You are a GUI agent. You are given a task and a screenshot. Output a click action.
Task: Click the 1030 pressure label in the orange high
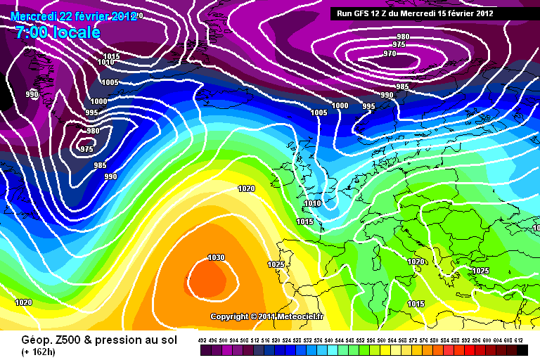click(217, 258)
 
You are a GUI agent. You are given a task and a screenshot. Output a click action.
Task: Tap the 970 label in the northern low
click(390, 53)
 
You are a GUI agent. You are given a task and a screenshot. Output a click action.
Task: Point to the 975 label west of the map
click(86, 149)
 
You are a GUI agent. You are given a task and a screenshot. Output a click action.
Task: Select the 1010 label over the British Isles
click(312, 204)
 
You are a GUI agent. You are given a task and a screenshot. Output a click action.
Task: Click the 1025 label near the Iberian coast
click(276, 264)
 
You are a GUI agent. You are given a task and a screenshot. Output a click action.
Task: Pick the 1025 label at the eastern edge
click(480, 271)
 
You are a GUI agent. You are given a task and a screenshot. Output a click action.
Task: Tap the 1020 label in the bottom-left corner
click(23, 302)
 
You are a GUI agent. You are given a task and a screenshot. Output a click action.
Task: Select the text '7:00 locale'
click(57, 32)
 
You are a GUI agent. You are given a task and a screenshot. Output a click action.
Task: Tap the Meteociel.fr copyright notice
click(267, 316)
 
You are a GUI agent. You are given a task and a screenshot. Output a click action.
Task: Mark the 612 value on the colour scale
click(519, 340)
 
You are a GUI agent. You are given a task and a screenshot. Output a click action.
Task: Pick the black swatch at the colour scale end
click(519, 349)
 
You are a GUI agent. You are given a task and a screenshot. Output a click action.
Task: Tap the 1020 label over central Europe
click(416, 262)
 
